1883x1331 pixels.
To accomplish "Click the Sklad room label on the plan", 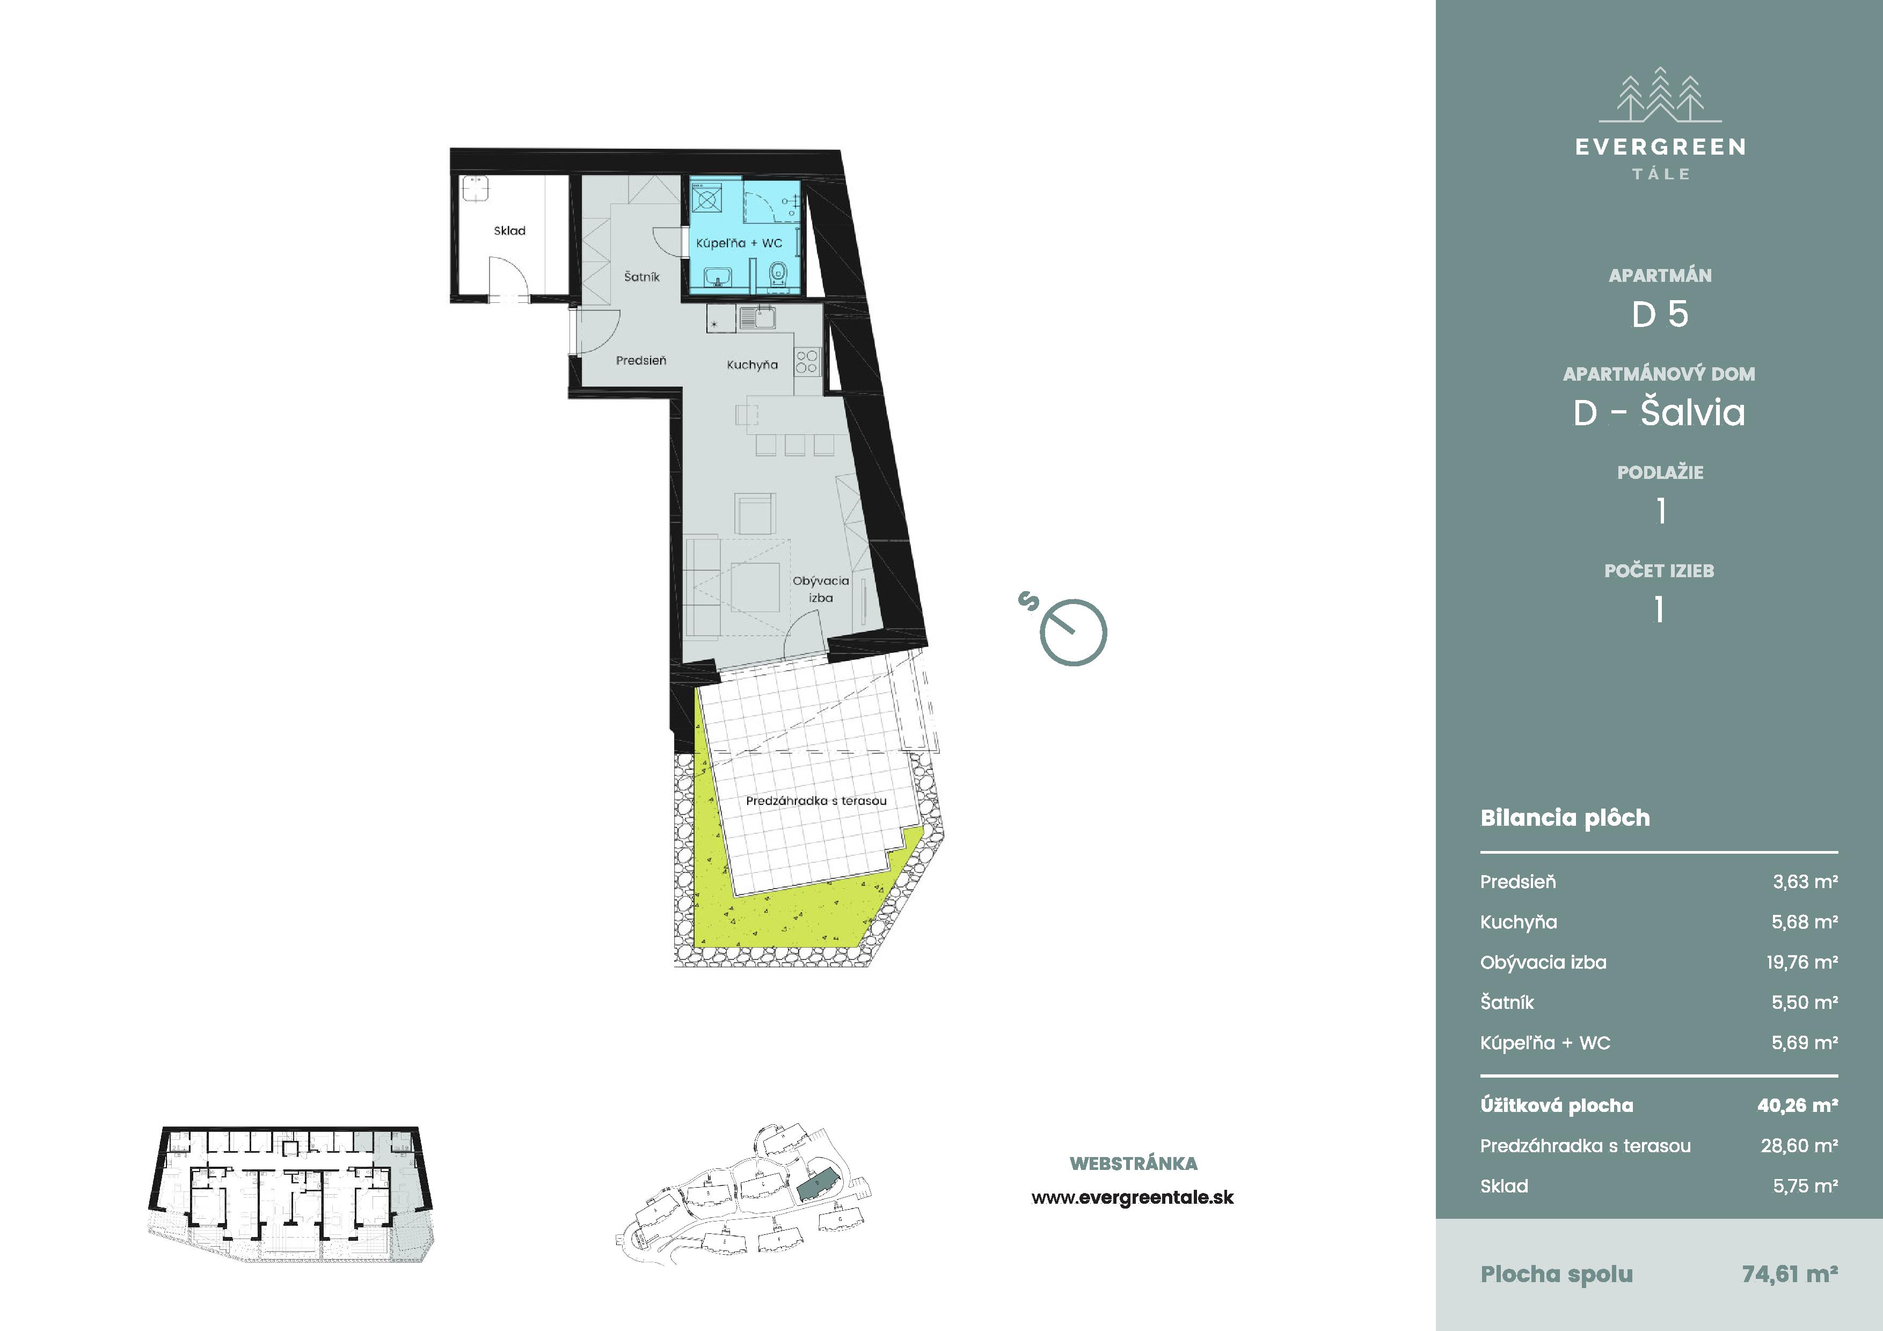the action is pyautogui.click(x=509, y=230).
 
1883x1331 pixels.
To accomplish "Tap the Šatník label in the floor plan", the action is pyautogui.click(x=641, y=277).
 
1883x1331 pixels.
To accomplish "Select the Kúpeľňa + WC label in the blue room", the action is pyautogui.click(x=739, y=243).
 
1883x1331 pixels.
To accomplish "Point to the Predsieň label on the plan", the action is pyautogui.click(x=641, y=360).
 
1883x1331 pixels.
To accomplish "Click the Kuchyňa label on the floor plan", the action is pyautogui.click(x=752, y=365).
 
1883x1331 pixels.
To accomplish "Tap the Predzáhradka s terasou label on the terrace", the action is pyautogui.click(x=816, y=801).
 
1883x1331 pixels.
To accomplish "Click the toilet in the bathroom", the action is pyautogui.click(x=777, y=274).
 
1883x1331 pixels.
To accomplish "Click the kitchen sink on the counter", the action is pyautogui.click(x=757, y=317).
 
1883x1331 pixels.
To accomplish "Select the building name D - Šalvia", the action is pyautogui.click(x=1659, y=412).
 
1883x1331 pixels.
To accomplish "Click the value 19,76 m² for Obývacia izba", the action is pyautogui.click(x=1802, y=962).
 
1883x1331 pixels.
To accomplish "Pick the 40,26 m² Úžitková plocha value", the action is pyautogui.click(x=1797, y=1105).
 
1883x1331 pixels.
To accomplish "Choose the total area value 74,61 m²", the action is pyautogui.click(x=1790, y=1274).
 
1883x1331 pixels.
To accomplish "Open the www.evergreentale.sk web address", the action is pyautogui.click(x=1133, y=1197).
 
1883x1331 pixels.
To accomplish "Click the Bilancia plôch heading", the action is pyautogui.click(x=1565, y=818).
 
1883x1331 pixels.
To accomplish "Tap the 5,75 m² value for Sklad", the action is pyautogui.click(x=1805, y=1186).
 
